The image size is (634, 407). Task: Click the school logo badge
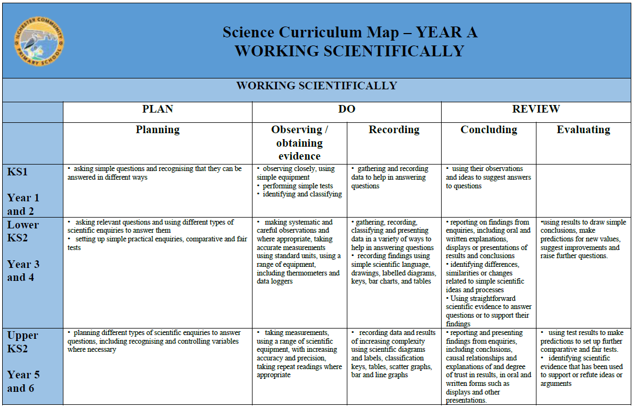pyautogui.click(x=39, y=42)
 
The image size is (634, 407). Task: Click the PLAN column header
pyautogui.click(x=157, y=109)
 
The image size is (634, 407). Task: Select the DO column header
pyautogui.click(x=346, y=109)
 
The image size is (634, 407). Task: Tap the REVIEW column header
pyautogui.click(x=536, y=109)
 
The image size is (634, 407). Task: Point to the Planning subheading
pyautogui.click(x=157, y=130)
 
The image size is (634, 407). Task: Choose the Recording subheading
pyautogui.click(x=394, y=130)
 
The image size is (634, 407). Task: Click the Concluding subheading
pyautogui.click(x=488, y=130)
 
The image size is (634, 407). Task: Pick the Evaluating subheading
pyautogui.click(x=583, y=130)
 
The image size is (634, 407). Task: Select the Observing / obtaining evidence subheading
pyautogui.click(x=299, y=143)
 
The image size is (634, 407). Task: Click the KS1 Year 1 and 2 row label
pyautogui.click(x=23, y=191)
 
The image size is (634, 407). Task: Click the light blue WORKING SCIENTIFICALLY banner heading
pyautogui.click(x=316, y=86)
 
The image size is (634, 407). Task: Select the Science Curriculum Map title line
pyautogui.click(x=350, y=32)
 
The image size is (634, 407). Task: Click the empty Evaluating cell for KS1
pyautogui.click(x=583, y=191)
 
